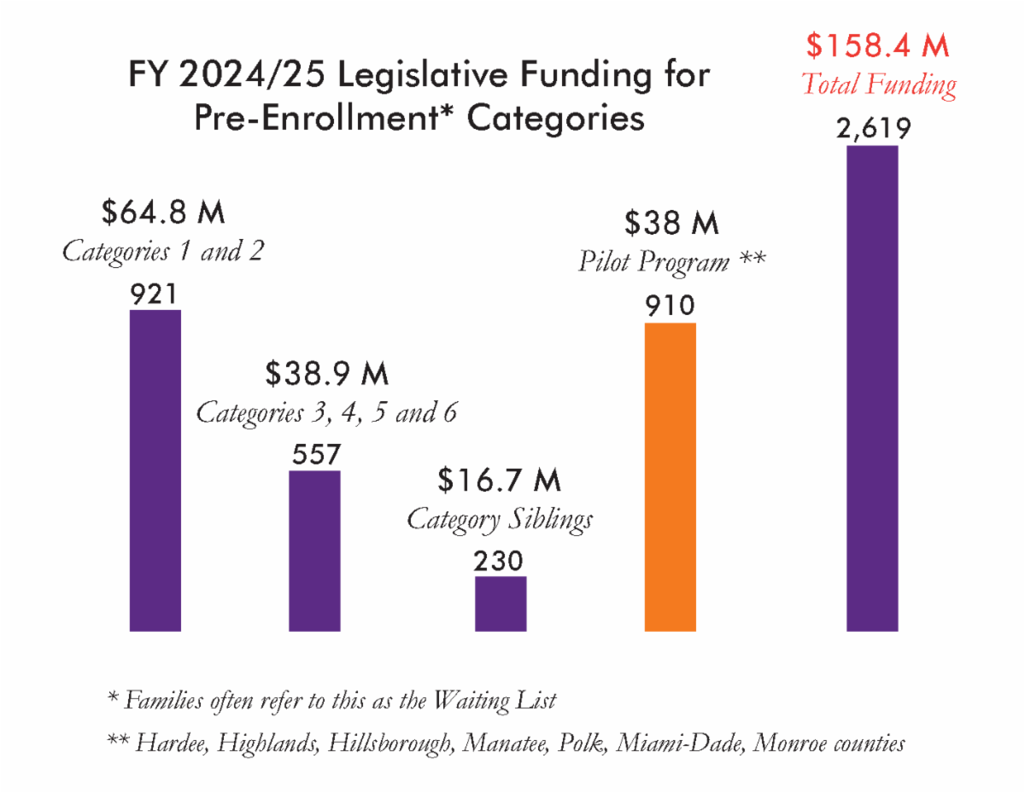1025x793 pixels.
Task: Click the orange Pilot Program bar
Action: pos(670,476)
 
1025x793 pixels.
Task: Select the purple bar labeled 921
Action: pos(155,469)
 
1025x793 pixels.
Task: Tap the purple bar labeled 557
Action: pos(314,551)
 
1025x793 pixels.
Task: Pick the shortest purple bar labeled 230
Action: pos(501,603)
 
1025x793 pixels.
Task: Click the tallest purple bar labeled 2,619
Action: pos(872,388)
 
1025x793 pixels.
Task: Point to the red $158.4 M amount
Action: pos(877,46)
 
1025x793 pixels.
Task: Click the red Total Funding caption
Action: pos(878,85)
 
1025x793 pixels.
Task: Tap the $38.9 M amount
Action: pos(326,374)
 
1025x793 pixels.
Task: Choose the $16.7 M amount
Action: pos(500,481)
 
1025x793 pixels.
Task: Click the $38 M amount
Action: pos(671,224)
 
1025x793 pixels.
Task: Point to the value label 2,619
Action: pos(872,130)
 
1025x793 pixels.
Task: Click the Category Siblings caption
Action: pos(500,519)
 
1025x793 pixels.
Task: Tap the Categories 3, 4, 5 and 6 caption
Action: pos(326,413)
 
